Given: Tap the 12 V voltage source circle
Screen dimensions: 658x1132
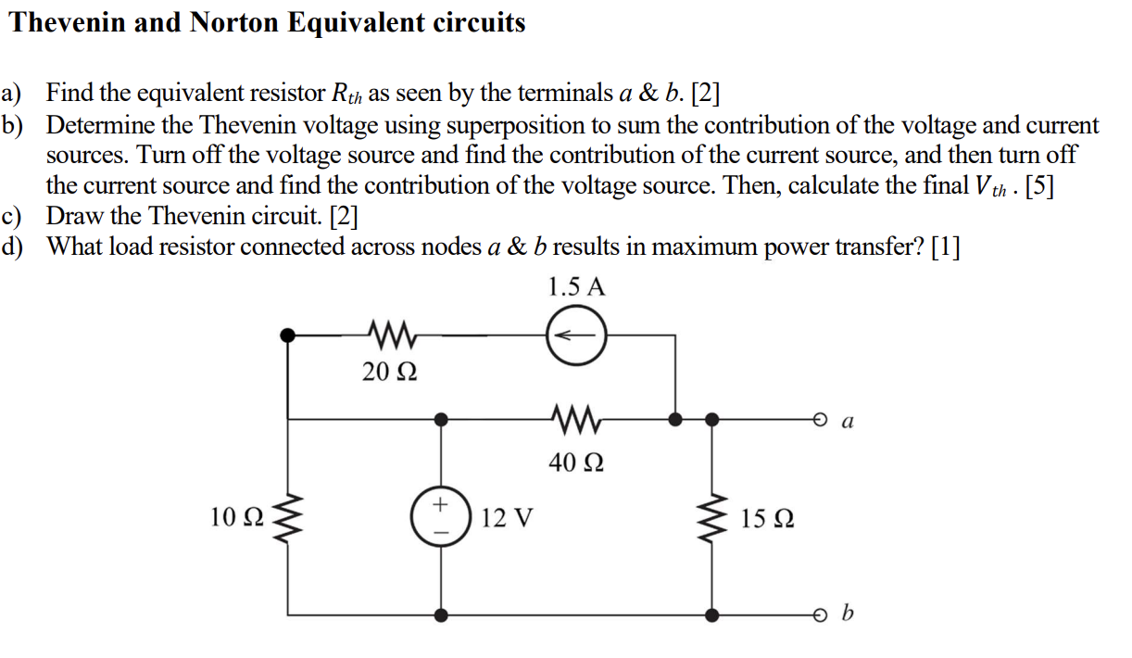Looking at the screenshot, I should (x=441, y=517).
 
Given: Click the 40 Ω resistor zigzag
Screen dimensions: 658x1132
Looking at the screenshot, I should (x=575, y=419).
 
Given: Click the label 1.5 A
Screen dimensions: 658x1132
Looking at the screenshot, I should (x=575, y=286).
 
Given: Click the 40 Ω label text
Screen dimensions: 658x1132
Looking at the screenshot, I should (x=575, y=461).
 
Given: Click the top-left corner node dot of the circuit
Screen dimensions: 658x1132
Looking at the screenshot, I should (x=288, y=335).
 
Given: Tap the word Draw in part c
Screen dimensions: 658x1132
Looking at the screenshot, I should (x=73, y=217).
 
